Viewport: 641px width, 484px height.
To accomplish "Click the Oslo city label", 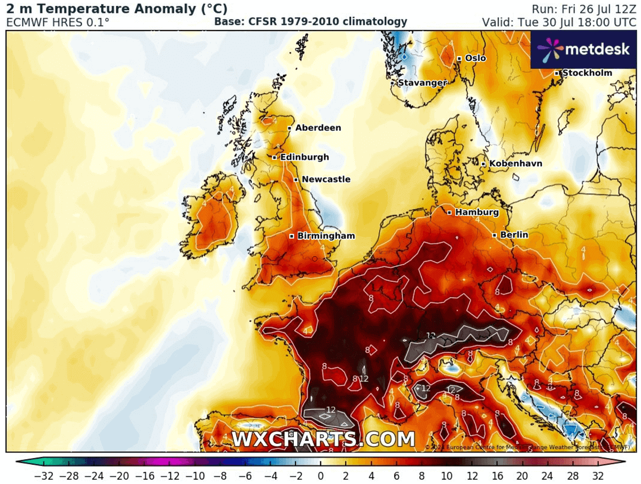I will click(475, 58).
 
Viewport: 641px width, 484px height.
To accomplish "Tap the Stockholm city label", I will click(587, 73).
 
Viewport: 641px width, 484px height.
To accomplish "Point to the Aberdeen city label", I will click(318, 128).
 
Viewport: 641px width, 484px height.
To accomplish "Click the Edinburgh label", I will click(304, 157).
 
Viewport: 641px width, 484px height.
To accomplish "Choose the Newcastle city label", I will click(326, 179).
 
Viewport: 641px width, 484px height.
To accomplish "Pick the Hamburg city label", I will click(477, 212).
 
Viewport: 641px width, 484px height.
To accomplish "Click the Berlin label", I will click(514, 235).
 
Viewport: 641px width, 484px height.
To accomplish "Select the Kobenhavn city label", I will click(515, 164).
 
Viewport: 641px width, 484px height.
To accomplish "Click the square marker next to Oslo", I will click(459, 58).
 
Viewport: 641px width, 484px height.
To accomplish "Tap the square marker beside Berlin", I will click(495, 235).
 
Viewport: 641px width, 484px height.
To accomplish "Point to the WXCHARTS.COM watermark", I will click(323, 440).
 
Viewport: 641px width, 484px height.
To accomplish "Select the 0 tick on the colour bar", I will click(320, 475).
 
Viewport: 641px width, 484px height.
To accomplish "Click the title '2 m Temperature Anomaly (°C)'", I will click(117, 9).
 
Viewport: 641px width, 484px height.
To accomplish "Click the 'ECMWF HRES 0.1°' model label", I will click(58, 22).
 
